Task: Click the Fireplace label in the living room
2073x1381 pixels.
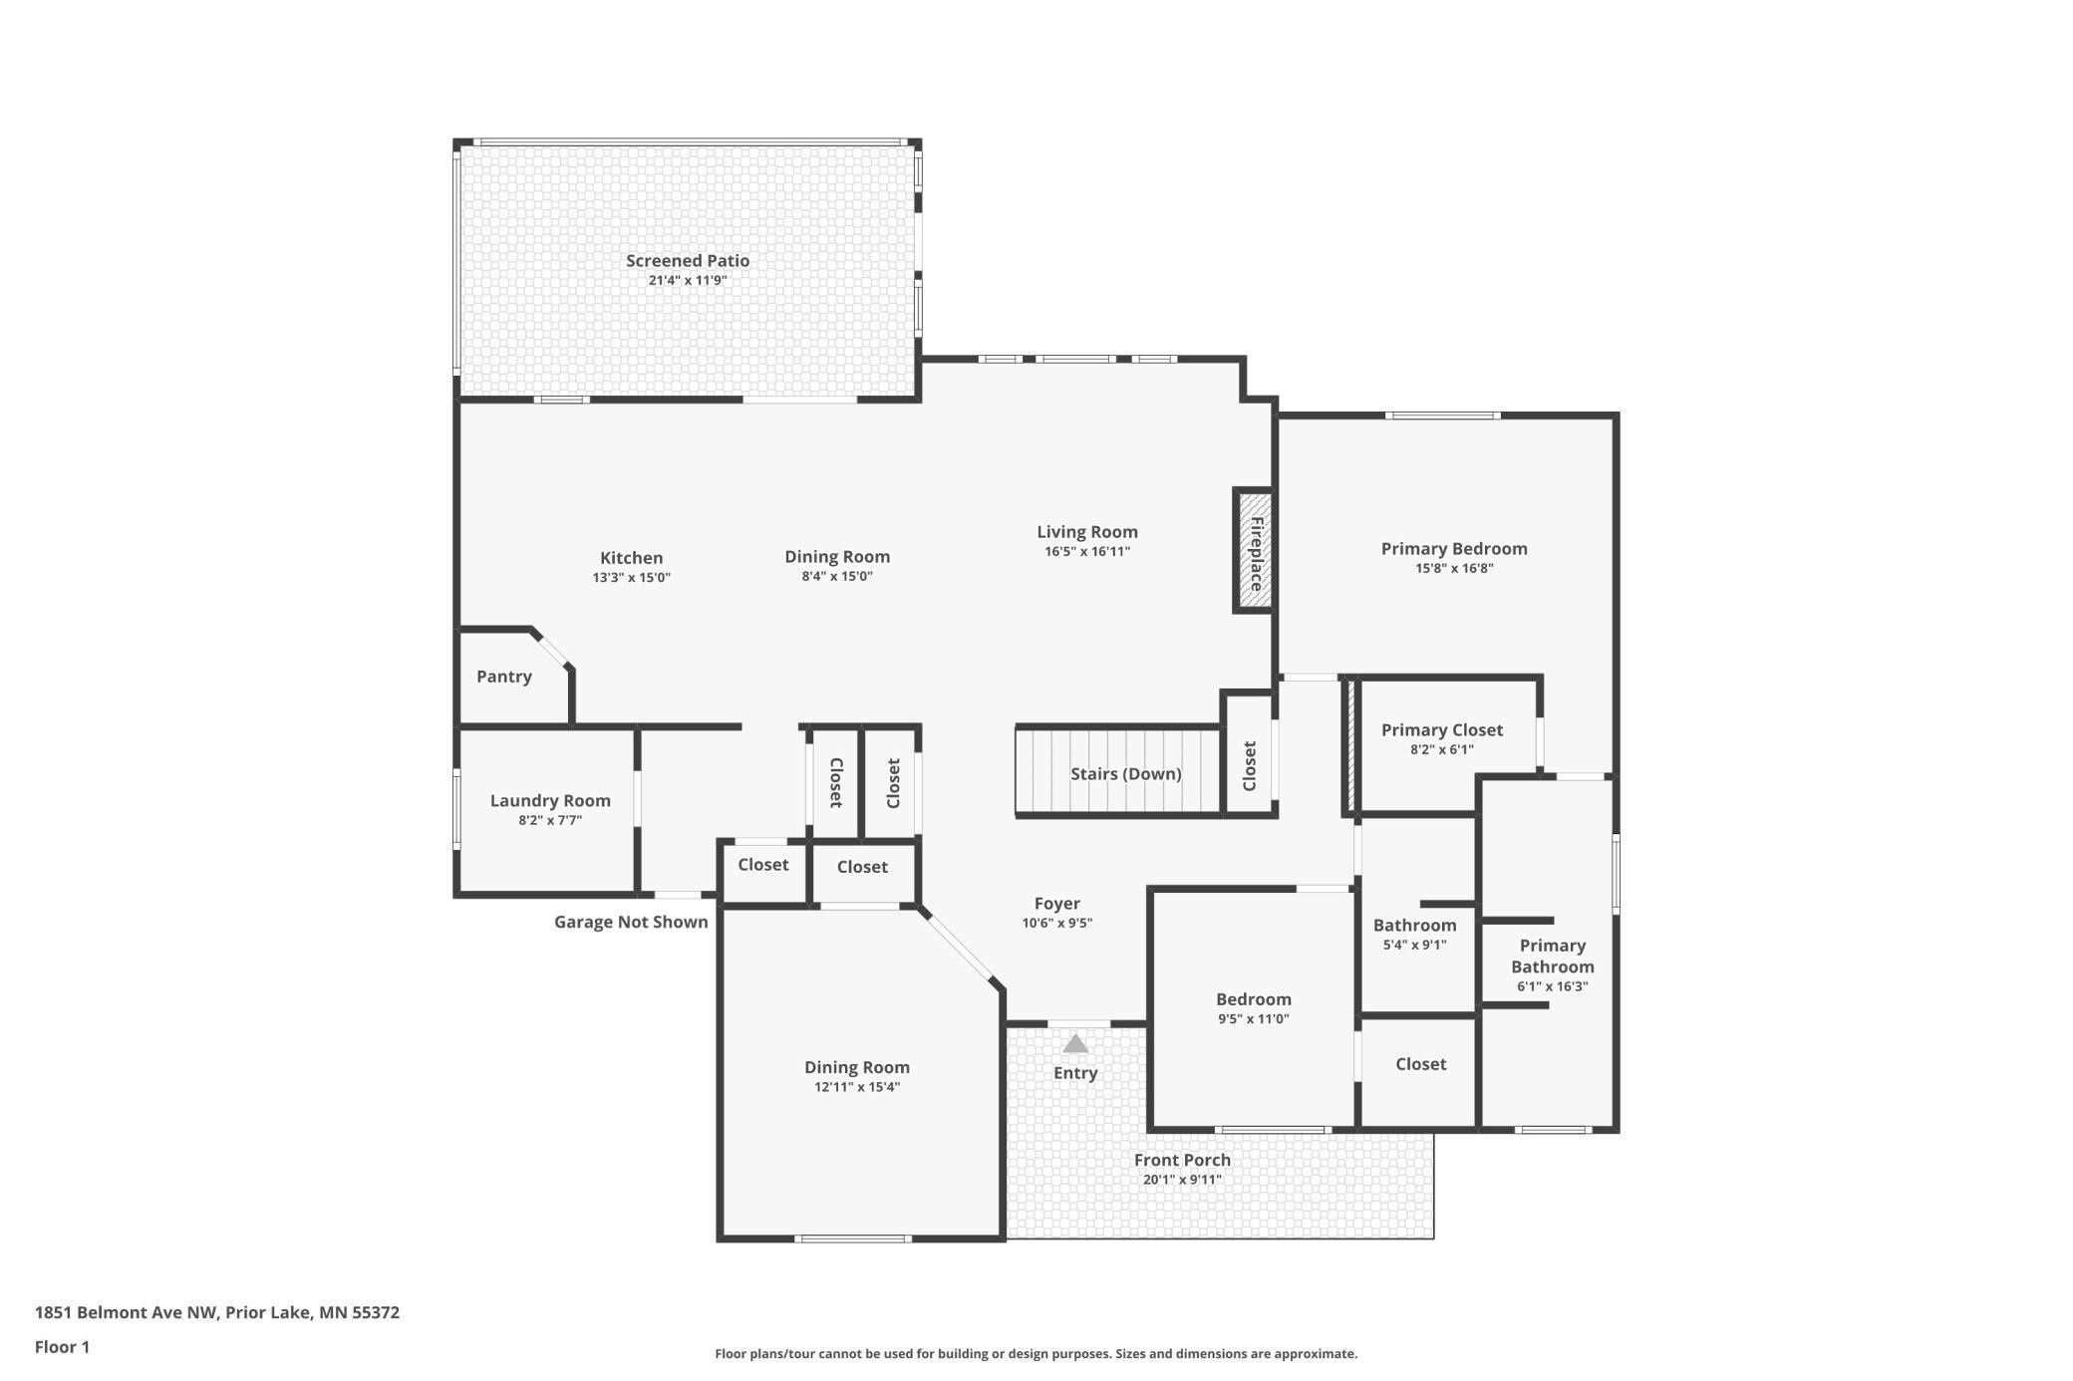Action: click(x=1256, y=554)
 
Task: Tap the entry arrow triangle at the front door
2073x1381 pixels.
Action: click(x=1075, y=1043)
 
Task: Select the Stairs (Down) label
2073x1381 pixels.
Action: click(x=1126, y=773)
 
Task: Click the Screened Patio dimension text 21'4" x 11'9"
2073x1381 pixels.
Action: click(x=688, y=280)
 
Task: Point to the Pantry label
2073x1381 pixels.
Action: click(x=504, y=677)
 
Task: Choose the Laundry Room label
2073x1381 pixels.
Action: click(x=550, y=800)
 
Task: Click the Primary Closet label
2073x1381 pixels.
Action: click(x=1442, y=730)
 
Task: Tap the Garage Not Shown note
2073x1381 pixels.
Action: click(x=631, y=922)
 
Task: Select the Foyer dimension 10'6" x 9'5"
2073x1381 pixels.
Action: click(x=1057, y=923)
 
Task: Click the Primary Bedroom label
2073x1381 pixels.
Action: click(x=1454, y=549)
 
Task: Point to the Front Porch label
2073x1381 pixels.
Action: click(x=1182, y=1160)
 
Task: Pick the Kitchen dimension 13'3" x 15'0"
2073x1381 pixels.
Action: click(x=632, y=577)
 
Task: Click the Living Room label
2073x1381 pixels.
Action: click(x=1087, y=532)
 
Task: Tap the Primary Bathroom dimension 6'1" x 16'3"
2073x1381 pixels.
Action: click(x=1553, y=986)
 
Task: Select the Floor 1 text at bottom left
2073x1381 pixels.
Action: click(x=62, y=1347)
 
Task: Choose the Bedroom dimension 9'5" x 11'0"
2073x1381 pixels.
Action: click(x=1254, y=1018)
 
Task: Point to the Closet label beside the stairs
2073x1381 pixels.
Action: click(x=1250, y=765)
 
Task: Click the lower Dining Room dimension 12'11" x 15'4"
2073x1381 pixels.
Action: click(x=857, y=1086)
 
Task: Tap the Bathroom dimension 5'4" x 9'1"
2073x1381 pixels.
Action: click(x=1415, y=945)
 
